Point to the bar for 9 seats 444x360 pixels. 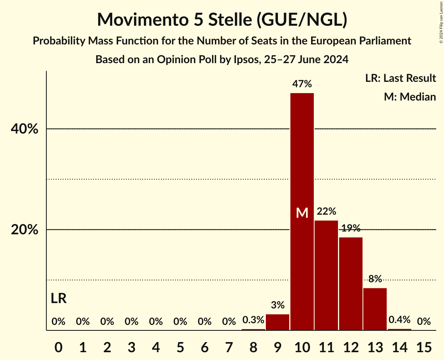tap(278, 322)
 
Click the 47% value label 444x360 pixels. tap(302, 84)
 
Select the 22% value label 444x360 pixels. tap(326, 212)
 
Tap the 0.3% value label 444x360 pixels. tap(253, 320)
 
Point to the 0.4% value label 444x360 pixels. tap(400, 320)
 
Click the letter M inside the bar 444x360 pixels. tap(302, 213)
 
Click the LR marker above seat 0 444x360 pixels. tap(58, 299)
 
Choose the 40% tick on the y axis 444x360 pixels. tap(24, 129)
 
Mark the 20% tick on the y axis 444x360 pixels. tap(24, 230)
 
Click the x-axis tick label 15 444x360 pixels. tap(424, 346)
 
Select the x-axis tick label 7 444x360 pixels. tap(229, 346)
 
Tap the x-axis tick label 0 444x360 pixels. tap(58, 346)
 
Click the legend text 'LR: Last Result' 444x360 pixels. tap(400, 78)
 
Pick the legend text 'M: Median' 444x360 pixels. tap(410, 97)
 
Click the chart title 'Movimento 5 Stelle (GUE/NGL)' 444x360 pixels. tap(222, 19)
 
